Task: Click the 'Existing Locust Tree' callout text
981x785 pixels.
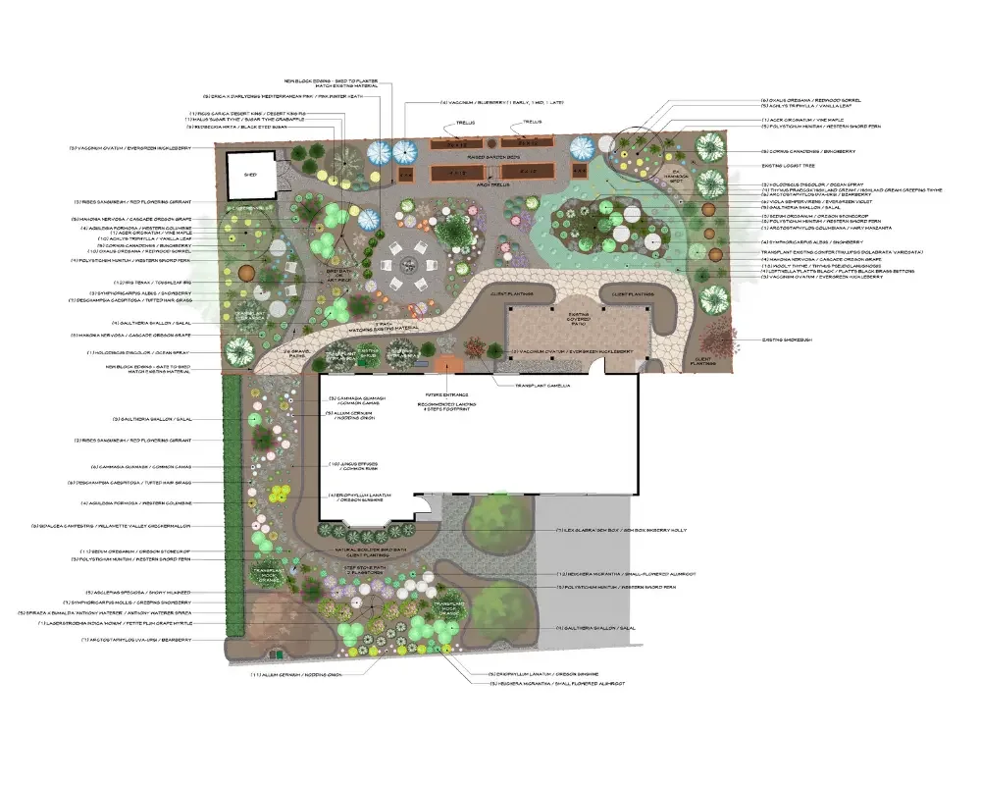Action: tap(798, 166)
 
